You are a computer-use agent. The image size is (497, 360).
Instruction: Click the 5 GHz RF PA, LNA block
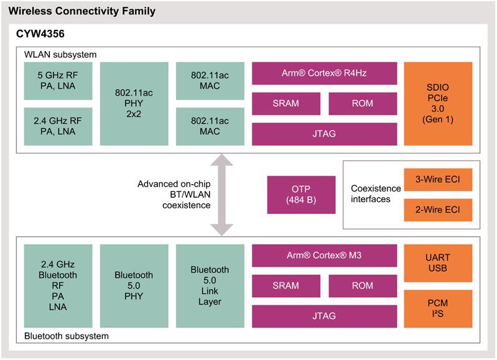58,81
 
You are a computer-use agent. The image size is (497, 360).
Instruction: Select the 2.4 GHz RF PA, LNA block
58,126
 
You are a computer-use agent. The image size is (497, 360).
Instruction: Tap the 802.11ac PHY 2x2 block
134,104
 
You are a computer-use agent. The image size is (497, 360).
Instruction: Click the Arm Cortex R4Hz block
324,73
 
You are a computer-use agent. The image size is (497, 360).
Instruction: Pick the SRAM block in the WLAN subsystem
286,104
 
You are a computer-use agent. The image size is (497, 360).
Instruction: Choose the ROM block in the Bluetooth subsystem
363,286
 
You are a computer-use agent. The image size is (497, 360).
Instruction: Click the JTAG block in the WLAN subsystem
324,134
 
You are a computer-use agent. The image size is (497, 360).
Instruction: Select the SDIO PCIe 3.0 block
438,104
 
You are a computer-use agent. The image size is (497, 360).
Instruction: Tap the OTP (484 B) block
301,195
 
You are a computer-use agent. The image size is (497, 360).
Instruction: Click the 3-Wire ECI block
438,180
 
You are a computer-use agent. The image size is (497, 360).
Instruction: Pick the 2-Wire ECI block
438,210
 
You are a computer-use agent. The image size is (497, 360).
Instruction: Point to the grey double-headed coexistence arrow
222,195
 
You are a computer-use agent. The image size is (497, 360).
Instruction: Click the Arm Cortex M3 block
324,256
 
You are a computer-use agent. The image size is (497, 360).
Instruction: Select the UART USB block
438,263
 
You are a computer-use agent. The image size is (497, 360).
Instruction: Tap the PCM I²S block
438,308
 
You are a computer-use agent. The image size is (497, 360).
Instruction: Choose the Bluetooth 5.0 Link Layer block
210,286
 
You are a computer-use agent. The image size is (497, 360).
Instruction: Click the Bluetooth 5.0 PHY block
134,286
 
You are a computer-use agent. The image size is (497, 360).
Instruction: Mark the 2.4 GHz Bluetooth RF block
58,286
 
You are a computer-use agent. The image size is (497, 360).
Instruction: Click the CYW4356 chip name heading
40,34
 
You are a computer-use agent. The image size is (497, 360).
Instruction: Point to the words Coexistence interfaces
376,193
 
